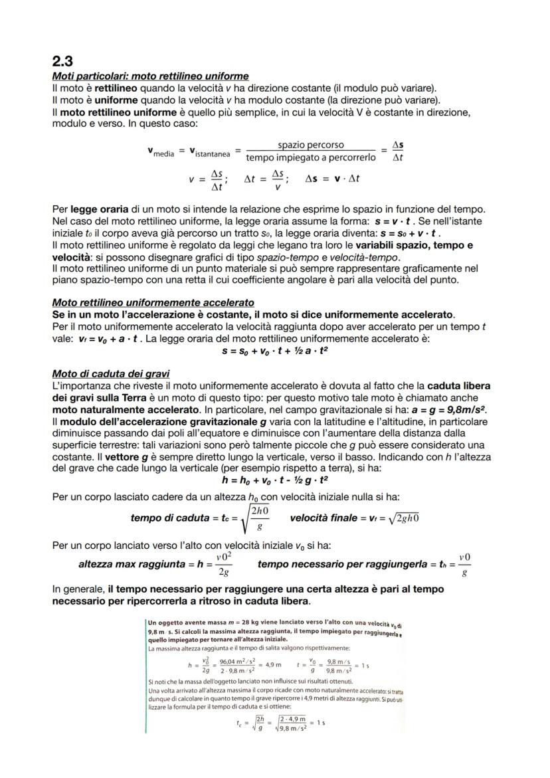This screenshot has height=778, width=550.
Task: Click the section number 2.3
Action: point(64,62)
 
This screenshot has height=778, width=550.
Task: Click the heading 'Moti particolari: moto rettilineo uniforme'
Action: point(150,76)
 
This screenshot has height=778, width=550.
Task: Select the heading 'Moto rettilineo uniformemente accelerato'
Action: point(153,302)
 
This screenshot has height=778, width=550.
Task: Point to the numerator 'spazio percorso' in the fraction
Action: point(311,145)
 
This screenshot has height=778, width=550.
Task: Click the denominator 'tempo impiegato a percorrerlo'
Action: point(311,157)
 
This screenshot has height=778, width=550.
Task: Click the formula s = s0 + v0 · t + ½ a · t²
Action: point(275,351)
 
